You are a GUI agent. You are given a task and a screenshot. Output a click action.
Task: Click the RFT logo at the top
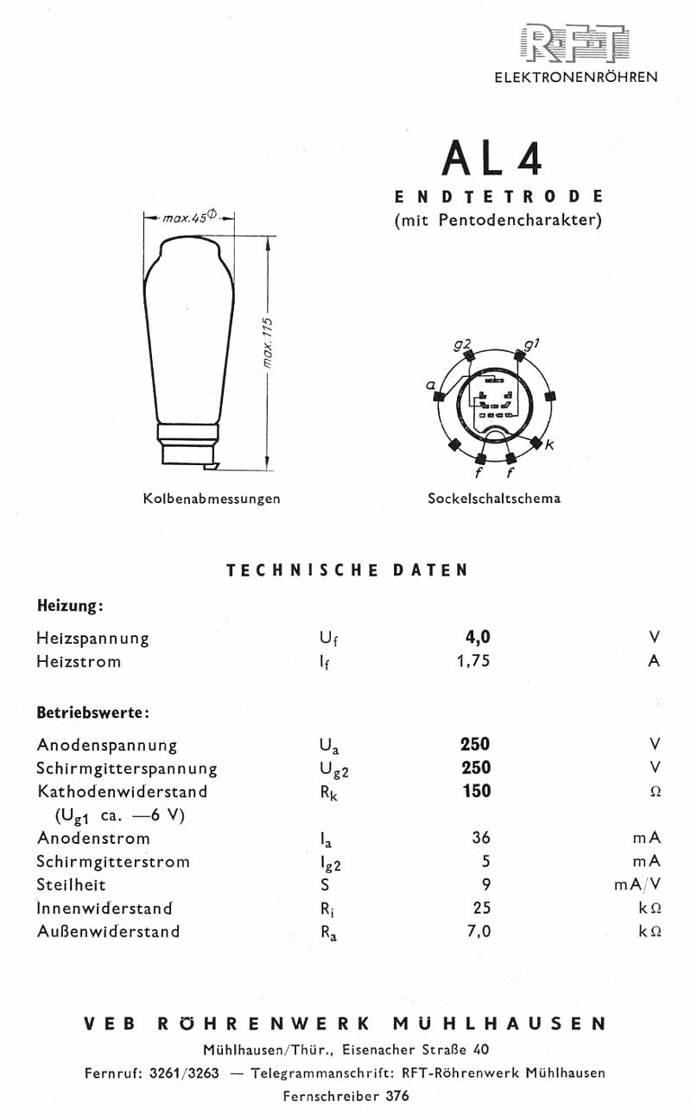pos(574,44)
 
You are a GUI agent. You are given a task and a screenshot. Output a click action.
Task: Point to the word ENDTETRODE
pos(498,197)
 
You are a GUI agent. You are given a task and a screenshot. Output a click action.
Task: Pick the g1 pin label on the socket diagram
pos(532,345)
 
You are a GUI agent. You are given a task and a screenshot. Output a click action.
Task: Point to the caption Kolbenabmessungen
pos(212,499)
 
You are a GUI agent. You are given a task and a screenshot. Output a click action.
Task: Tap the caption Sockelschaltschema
pos(494,499)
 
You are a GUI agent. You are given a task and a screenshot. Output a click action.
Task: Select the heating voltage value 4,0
pos(477,638)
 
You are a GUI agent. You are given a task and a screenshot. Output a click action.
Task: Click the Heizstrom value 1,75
pos(475,662)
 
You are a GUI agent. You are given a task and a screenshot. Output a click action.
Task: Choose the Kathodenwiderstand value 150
pos(476,791)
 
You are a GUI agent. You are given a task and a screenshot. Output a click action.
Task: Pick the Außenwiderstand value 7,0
pos(479,931)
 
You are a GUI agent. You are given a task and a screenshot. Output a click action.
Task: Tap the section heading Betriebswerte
pos(93,714)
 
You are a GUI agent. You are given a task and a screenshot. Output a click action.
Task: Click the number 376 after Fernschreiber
pos(397,1097)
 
